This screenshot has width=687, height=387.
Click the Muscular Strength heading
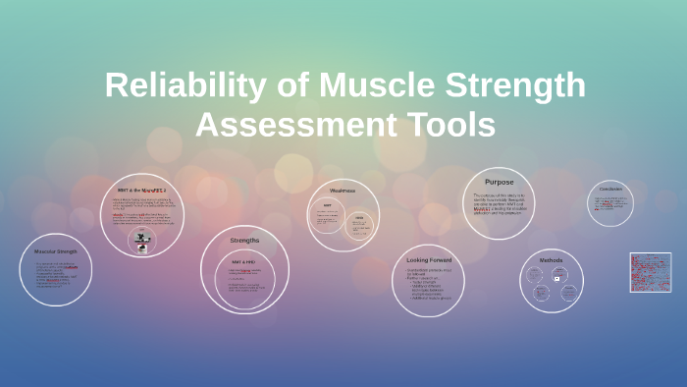(56, 250)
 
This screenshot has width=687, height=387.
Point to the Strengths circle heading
(244, 241)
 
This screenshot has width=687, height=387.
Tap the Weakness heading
(343, 190)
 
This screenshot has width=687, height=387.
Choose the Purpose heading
(499, 182)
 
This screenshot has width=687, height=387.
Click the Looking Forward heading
(429, 260)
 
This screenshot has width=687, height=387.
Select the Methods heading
(551, 260)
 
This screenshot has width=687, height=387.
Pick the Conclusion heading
(610, 189)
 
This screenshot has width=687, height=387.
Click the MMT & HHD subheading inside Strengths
(243, 262)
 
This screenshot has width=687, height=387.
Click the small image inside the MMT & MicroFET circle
(143, 248)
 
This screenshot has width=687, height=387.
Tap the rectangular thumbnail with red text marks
(651, 272)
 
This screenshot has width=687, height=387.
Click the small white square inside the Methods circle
(556, 278)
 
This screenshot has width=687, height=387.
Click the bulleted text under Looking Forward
(429, 284)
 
